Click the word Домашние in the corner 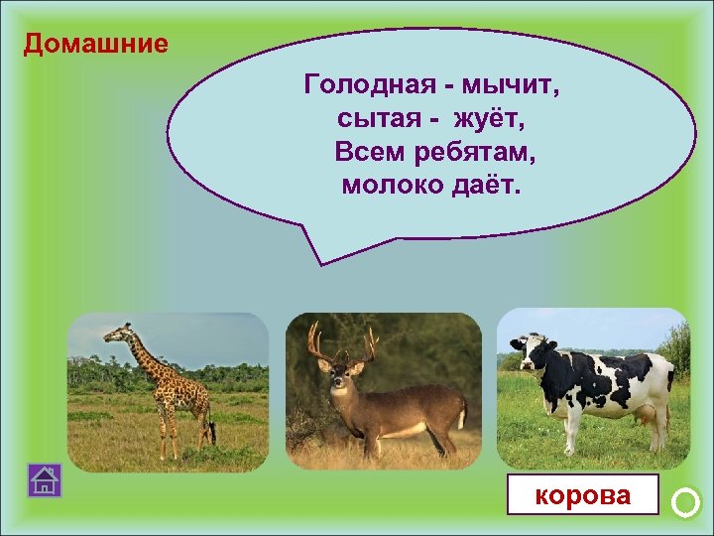coord(96,45)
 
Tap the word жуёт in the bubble coord(488,120)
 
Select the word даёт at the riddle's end coord(486,186)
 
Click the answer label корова coord(582,494)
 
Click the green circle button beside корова coord(685,503)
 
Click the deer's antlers coord(342,342)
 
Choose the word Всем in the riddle coord(366,153)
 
